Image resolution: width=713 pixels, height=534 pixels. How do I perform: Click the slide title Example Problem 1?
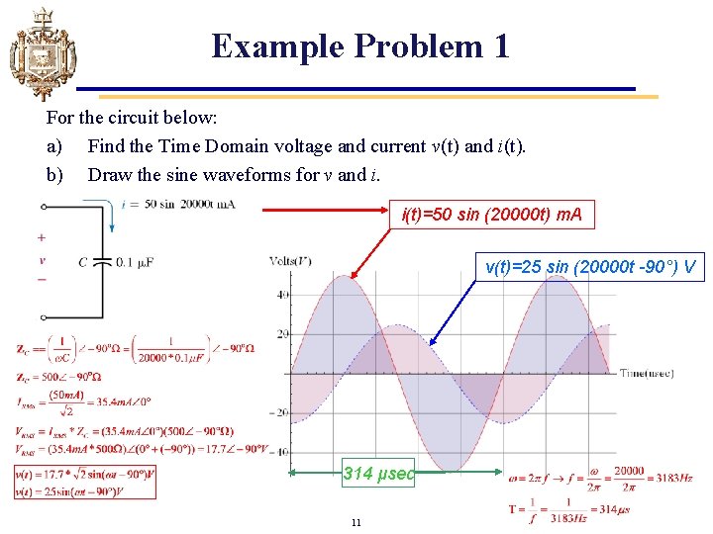tap(360, 46)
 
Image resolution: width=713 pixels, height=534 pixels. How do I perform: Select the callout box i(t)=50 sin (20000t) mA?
tap(491, 214)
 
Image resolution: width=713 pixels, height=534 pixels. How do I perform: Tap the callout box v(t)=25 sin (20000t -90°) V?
tap(591, 266)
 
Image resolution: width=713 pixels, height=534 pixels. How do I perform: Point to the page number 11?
tap(356, 523)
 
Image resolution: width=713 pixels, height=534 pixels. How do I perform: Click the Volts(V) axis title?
tap(290, 261)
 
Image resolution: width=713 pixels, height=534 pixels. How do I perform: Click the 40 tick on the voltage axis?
tap(283, 295)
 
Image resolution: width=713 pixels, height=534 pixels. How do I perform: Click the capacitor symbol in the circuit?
tap(103, 261)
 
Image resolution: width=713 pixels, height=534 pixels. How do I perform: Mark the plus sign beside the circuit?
tap(41, 238)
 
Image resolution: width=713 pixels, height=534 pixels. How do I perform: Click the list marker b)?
tap(54, 175)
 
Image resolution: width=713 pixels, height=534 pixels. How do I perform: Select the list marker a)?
tap(54, 146)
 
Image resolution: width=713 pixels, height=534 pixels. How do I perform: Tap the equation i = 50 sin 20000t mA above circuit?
tap(177, 205)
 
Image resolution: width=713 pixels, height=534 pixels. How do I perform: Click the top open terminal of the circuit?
tap(44, 207)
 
